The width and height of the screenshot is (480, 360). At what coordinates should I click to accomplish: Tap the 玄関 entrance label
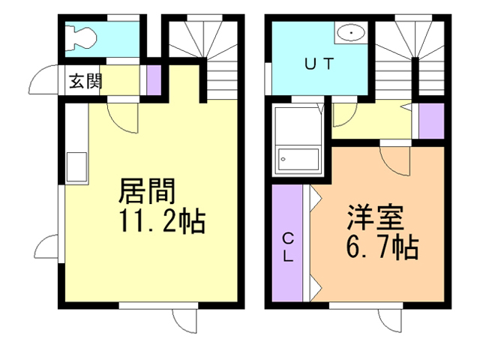pos(86,80)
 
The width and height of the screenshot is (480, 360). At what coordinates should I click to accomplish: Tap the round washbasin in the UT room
pos(349,33)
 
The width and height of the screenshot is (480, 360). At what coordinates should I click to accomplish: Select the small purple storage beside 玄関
pos(153,80)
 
